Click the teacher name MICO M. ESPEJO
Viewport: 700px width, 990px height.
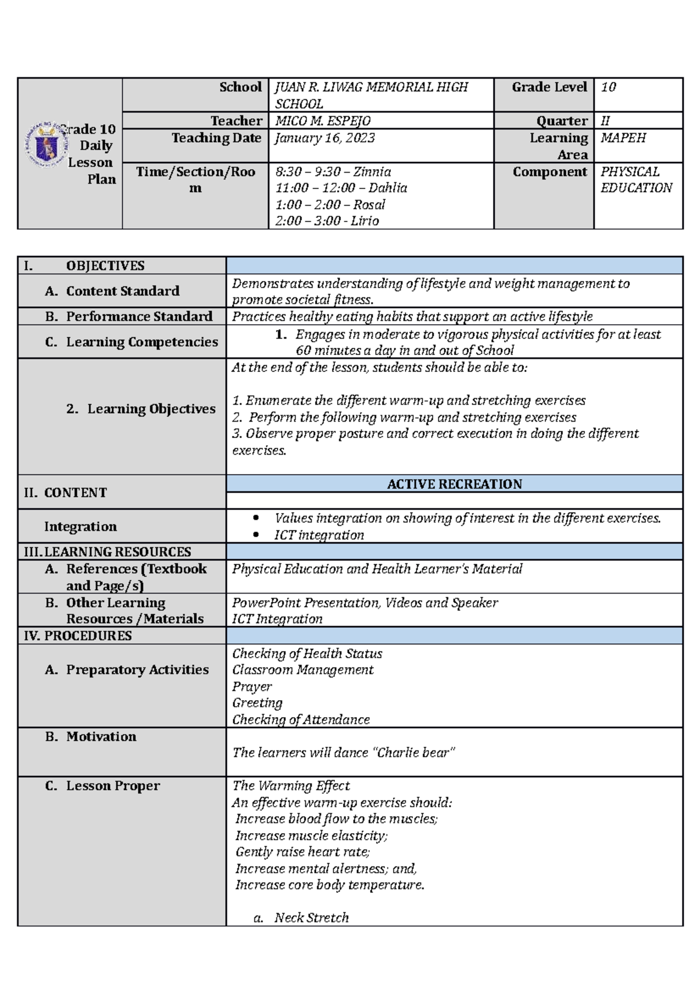[323, 121]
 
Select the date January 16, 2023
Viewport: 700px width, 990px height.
[325, 138]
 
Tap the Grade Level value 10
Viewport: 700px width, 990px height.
[608, 87]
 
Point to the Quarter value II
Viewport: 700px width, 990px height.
[605, 121]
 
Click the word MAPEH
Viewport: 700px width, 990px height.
[623, 138]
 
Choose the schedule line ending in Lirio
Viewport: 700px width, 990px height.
[327, 221]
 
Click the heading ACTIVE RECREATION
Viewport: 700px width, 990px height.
[454, 484]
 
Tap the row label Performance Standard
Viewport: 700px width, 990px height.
[139, 317]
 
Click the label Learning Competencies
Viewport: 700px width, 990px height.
[142, 342]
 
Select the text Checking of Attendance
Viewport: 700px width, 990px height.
[301, 719]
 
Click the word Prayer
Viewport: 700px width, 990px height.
[252, 686]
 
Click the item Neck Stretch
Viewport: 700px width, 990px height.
[311, 918]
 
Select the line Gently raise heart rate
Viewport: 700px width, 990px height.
[302, 852]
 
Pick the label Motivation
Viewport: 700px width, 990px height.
[101, 736]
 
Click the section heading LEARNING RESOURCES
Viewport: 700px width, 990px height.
[117, 552]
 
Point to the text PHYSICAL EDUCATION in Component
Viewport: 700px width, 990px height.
[636, 180]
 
